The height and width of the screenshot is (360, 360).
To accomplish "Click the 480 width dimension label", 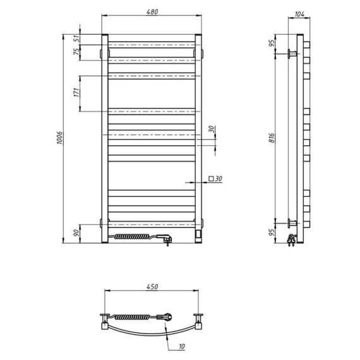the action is tap(152, 12).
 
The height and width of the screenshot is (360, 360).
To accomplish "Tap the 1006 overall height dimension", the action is tap(59, 138).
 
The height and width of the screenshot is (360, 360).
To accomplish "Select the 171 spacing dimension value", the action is tap(77, 92).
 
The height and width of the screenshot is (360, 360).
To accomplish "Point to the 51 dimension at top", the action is tap(77, 39).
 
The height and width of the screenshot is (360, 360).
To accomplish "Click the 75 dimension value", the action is tap(77, 51).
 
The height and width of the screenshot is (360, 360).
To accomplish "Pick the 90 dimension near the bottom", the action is tap(77, 233).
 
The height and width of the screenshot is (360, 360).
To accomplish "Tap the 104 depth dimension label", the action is tap(299, 15).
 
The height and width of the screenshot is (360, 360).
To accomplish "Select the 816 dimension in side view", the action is tap(272, 138).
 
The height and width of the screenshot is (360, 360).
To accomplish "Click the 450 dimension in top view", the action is tap(152, 287).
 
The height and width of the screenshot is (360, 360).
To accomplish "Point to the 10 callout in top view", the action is tap(182, 346).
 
